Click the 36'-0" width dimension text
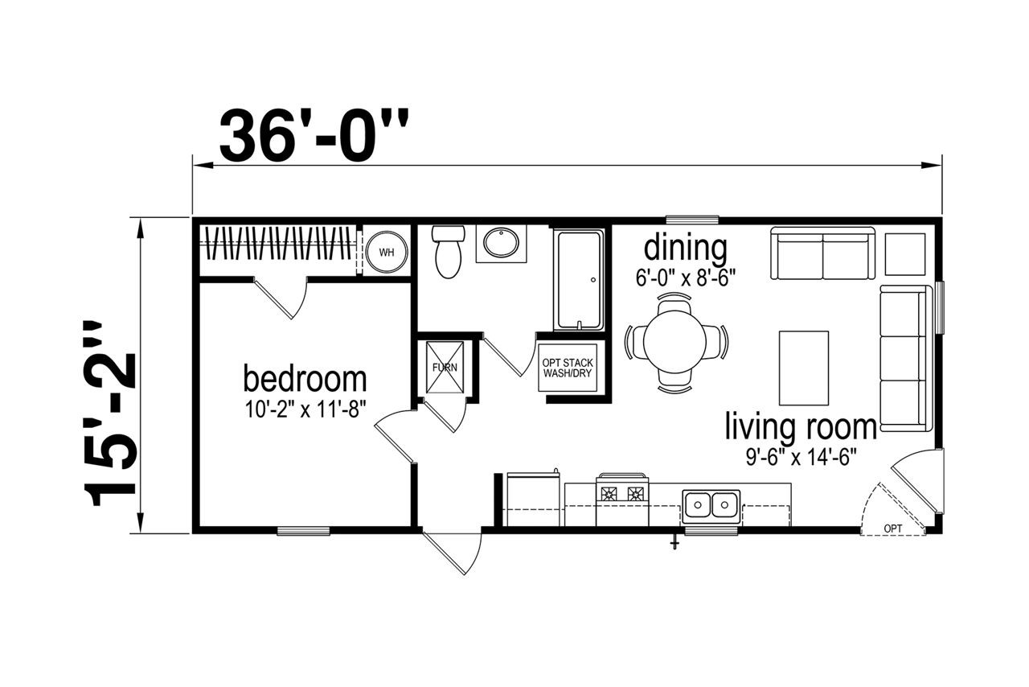tap(314, 135)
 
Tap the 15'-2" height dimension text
tap(110, 413)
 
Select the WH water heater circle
tap(387, 252)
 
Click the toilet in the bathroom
tap(448, 252)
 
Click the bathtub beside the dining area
tap(579, 280)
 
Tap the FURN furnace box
tap(445, 368)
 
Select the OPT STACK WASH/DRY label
tap(568, 368)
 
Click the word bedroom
tap(305, 380)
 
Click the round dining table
tap(674, 342)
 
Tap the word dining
tap(686, 249)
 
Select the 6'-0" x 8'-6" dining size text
tap(686, 278)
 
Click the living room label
tap(801, 427)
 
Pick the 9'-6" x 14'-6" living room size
tap(801, 457)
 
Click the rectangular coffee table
tap(803, 368)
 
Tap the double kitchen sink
tap(711, 505)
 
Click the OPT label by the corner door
tap(892, 529)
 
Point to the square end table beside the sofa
tap(905, 254)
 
